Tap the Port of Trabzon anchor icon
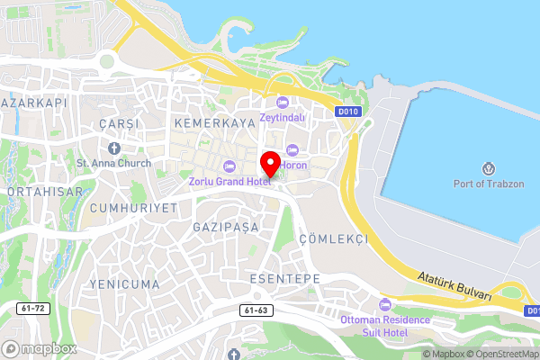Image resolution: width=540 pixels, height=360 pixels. tap(489, 168)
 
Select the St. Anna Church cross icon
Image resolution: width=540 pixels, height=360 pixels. tap(114, 148)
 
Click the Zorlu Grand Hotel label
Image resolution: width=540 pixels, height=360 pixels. tap(229, 181)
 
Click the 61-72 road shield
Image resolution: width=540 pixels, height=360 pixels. tap(31, 308)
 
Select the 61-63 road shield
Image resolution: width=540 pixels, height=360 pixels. tap(256, 310)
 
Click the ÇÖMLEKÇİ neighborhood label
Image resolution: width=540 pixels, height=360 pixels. tap(333, 239)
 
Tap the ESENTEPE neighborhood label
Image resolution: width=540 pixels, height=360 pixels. tap(284, 279)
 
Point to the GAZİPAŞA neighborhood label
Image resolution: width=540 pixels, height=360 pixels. tap(226, 228)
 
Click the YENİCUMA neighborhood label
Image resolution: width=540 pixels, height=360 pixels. tap(125, 283)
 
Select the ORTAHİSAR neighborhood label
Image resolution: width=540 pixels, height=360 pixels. tap(45, 192)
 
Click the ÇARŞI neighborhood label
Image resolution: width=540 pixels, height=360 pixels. tap(119, 122)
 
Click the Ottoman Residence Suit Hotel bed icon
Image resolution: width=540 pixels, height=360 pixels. tap(386, 304)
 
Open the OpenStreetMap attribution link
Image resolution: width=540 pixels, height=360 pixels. tap(501, 353)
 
